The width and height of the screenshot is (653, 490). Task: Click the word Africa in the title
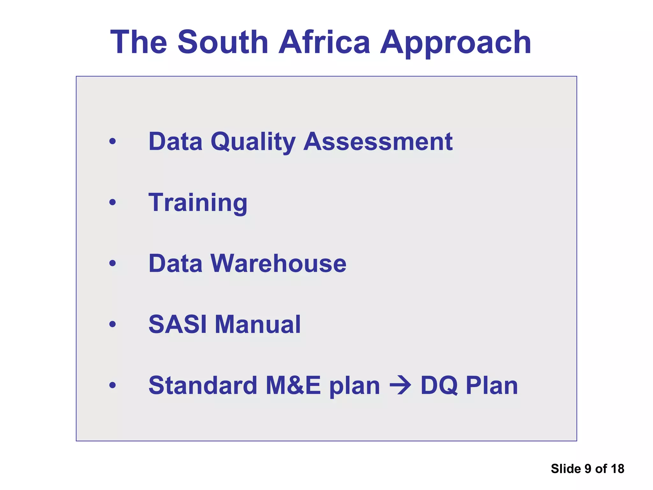point(324,42)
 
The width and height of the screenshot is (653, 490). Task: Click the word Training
point(198,203)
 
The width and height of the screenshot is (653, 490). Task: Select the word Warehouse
point(278,264)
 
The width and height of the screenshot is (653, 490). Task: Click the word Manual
point(258,324)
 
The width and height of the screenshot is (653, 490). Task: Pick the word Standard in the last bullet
point(203,385)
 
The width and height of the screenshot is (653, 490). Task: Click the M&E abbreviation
point(293,385)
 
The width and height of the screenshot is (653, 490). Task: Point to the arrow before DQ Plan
point(400,386)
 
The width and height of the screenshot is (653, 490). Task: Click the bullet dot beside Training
point(112,202)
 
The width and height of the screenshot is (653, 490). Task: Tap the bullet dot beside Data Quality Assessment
point(112,141)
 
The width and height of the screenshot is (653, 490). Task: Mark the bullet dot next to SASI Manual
point(112,324)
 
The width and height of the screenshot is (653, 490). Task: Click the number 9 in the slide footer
point(588,469)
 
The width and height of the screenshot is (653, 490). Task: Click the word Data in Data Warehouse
point(175,264)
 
